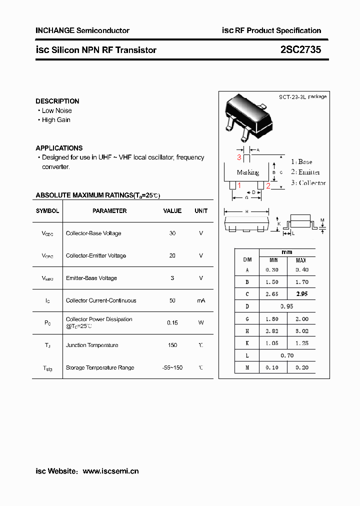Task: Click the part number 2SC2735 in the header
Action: [x=300, y=50]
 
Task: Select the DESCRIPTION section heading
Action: [x=57, y=101]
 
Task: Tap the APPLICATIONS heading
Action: [x=59, y=148]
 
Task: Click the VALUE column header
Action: [x=172, y=211]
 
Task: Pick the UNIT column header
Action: [x=201, y=211]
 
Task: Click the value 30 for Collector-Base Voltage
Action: [x=172, y=233]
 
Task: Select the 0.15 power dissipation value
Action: [x=172, y=322]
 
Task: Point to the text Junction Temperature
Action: [x=92, y=345]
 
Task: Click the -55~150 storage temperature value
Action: [x=172, y=367]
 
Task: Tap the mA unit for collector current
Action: [x=201, y=300]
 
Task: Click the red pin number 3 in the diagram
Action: [x=239, y=157]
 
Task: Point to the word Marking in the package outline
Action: [x=248, y=172]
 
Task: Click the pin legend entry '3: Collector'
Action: [x=308, y=183]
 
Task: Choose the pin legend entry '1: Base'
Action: [x=301, y=161]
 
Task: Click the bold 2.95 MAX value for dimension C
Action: [x=301, y=294]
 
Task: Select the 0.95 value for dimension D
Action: [x=287, y=306]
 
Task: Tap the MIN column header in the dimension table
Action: [x=273, y=260]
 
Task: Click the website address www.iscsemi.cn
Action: [x=110, y=471]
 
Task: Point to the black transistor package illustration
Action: [x=248, y=116]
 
